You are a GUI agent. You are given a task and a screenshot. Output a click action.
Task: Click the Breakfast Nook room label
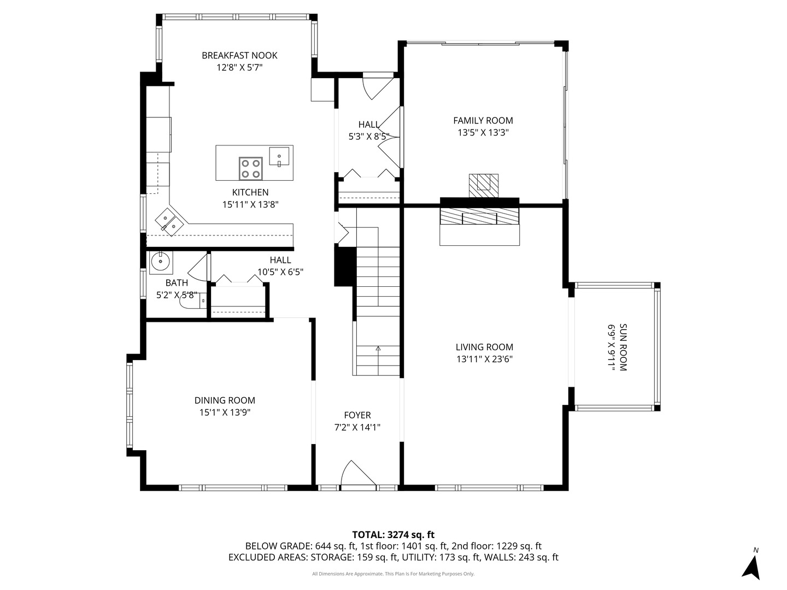[x=239, y=55]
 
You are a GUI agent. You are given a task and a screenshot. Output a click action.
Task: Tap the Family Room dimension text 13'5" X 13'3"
[x=483, y=132]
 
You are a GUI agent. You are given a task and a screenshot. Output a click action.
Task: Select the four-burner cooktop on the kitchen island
[x=251, y=168]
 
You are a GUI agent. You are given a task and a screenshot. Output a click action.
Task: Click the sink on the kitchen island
[x=280, y=156]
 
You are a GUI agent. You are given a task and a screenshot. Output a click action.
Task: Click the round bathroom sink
[x=160, y=262]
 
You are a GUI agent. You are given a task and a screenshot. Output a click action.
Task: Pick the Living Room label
[x=484, y=347]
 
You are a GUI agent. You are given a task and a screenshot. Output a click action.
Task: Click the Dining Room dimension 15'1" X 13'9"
[x=225, y=412]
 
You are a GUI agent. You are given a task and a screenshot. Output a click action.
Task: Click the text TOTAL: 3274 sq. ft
[x=393, y=534]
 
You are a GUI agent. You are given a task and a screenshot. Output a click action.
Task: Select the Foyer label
[x=357, y=415]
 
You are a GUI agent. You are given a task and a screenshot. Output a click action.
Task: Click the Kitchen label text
[x=250, y=192]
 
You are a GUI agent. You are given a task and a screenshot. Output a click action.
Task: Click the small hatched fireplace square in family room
[x=484, y=182]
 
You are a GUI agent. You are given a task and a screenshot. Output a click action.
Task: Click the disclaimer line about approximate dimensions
[x=393, y=574]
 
